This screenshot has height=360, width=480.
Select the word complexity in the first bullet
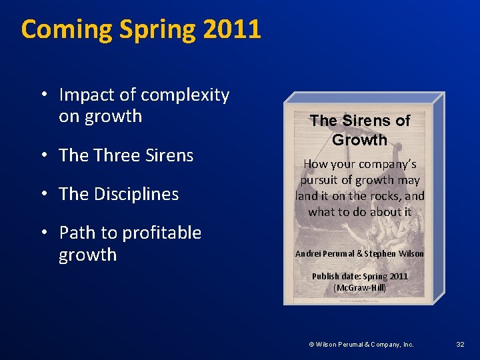[x=185, y=95]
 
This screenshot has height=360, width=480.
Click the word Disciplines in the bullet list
[x=137, y=194]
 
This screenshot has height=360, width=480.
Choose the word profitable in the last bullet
[x=159, y=233]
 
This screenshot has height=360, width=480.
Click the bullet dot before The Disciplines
[x=43, y=194]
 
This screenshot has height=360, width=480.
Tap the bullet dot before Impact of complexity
[x=43, y=95]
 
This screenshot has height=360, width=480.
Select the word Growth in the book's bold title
[x=359, y=140]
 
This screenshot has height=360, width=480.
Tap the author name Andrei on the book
[x=310, y=254]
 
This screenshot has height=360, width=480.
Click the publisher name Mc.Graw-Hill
[x=361, y=288]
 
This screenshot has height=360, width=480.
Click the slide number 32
[x=460, y=344]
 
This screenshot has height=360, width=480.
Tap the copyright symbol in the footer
[x=311, y=344]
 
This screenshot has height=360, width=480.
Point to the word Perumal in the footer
[x=351, y=344]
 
